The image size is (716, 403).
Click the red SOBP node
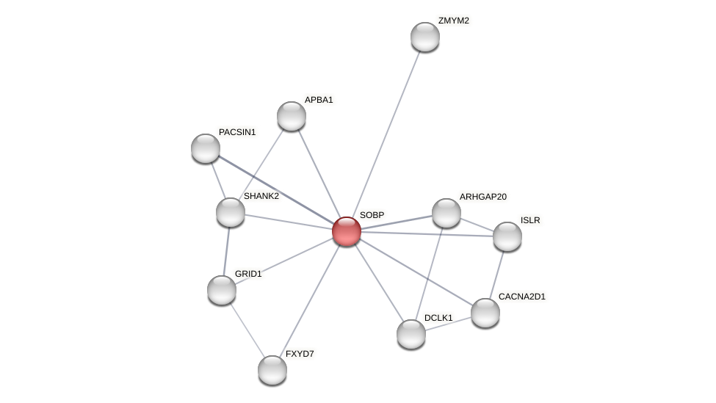tap(347, 231)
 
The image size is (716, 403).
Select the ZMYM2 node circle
tap(424, 37)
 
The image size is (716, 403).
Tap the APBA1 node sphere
tap(292, 116)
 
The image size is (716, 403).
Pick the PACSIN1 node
tap(206, 148)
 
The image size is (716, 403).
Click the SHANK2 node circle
tap(231, 212)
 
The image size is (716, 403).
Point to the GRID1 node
tap(222, 290)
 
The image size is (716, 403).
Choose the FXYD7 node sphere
tap(272, 370)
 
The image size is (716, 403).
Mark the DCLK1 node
tap(411, 334)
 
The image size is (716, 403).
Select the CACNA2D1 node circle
tap(485, 313)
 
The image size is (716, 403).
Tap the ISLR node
tap(507, 236)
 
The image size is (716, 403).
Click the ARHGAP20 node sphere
tap(446, 213)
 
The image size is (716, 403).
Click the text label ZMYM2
tap(453, 21)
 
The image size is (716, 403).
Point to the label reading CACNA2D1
tap(521, 297)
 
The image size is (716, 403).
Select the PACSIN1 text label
tap(237, 132)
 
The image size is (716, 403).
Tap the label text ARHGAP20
tap(482, 197)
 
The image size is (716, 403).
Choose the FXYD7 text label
tap(300, 354)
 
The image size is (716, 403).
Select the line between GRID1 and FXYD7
tap(247, 330)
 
